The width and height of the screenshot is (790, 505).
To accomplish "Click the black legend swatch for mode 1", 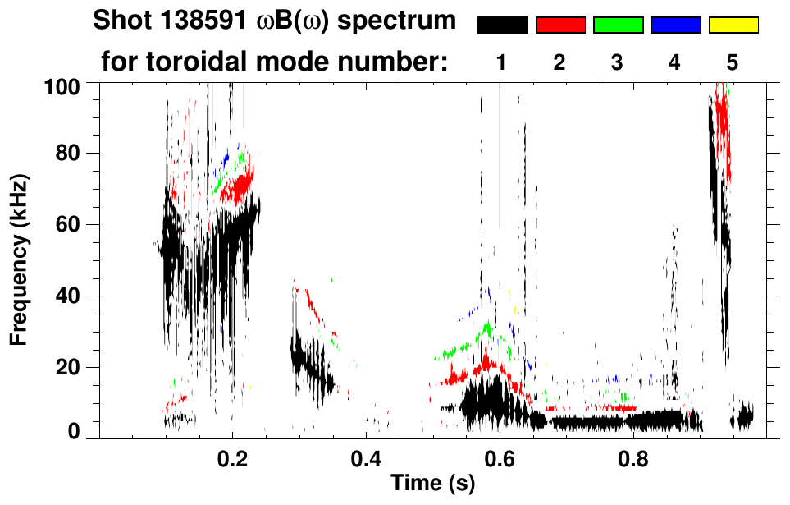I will click(502, 25).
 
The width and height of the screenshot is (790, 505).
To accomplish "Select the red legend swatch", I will click(560, 25).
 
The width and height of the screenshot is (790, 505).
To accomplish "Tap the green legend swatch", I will click(618, 25).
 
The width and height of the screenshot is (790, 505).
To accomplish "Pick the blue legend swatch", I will click(675, 25).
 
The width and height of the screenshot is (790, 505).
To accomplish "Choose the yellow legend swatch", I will click(733, 25).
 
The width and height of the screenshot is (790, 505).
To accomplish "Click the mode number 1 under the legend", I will click(502, 62).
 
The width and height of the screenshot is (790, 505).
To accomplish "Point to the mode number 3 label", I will click(617, 62).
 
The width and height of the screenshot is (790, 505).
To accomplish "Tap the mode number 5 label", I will click(733, 62).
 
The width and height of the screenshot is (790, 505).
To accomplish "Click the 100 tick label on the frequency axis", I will click(63, 84).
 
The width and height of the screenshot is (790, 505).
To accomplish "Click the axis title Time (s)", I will click(432, 484).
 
